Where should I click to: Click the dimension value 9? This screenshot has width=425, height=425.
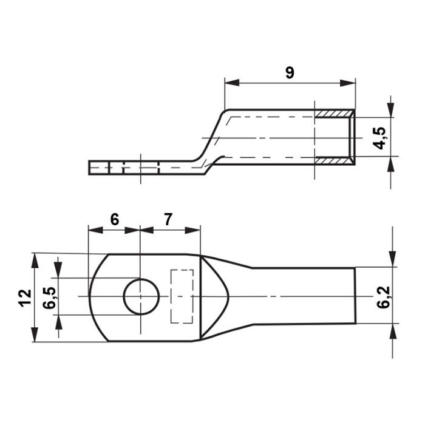coord(290,73)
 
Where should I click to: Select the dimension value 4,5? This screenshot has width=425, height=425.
coord(379,138)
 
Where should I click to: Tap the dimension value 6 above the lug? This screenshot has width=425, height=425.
coord(115,219)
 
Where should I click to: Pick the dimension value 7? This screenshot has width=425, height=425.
coord(168,219)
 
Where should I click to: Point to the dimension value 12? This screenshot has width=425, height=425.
coord(25,298)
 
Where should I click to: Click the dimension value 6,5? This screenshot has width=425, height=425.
coord(50,298)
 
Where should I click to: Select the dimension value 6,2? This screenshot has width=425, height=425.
coord(383,297)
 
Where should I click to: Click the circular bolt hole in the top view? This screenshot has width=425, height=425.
coord(141,296)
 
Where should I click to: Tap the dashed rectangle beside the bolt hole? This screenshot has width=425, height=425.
coord(182,296)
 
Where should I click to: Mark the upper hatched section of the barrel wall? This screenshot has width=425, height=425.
coord(334,114)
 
